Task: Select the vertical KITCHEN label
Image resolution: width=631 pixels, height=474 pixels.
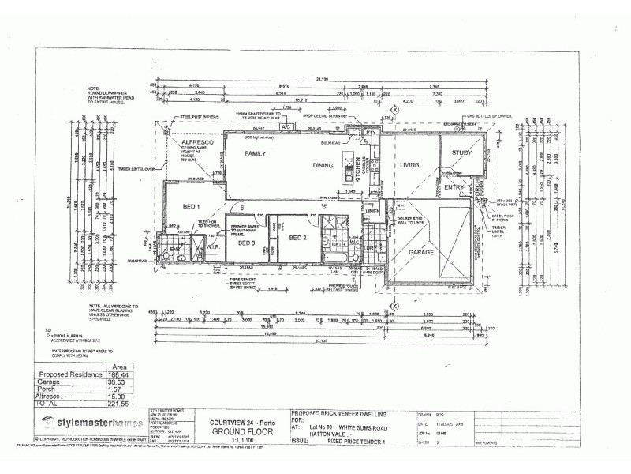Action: coord(357,171)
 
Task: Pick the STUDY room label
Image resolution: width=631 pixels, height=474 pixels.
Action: coord(461,153)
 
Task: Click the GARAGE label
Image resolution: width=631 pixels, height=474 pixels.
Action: coord(422,252)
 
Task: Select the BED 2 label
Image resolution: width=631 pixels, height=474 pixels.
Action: coord(297,237)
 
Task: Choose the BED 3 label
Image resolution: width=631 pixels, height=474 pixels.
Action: coord(246,243)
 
